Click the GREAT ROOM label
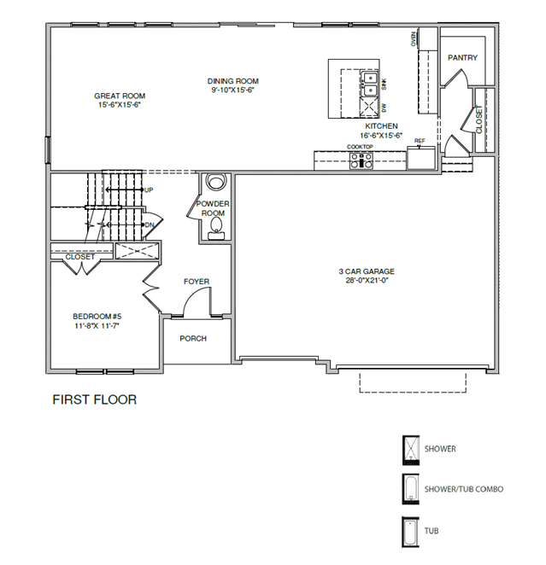(120, 96)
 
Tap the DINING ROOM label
(232, 81)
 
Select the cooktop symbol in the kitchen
(361, 160)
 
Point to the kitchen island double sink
(369, 84)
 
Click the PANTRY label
(462, 58)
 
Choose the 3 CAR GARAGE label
(367, 271)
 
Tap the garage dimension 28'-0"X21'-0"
(367, 280)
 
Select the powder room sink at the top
(215, 181)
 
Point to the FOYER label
(197, 282)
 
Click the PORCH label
(193, 338)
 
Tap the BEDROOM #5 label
(97, 317)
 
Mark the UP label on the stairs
(149, 189)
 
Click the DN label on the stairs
(150, 224)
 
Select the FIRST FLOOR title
(95, 399)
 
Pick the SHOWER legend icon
(411, 449)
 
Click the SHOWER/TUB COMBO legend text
(464, 489)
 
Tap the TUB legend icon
(410, 532)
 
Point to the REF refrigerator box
(421, 158)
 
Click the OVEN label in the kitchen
(414, 39)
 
